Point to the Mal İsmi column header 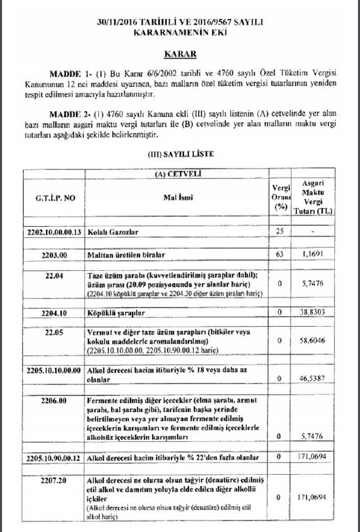pos(177,197)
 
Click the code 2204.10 pos(54,313)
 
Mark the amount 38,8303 pos(315,313)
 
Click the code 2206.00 pos(54,400)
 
